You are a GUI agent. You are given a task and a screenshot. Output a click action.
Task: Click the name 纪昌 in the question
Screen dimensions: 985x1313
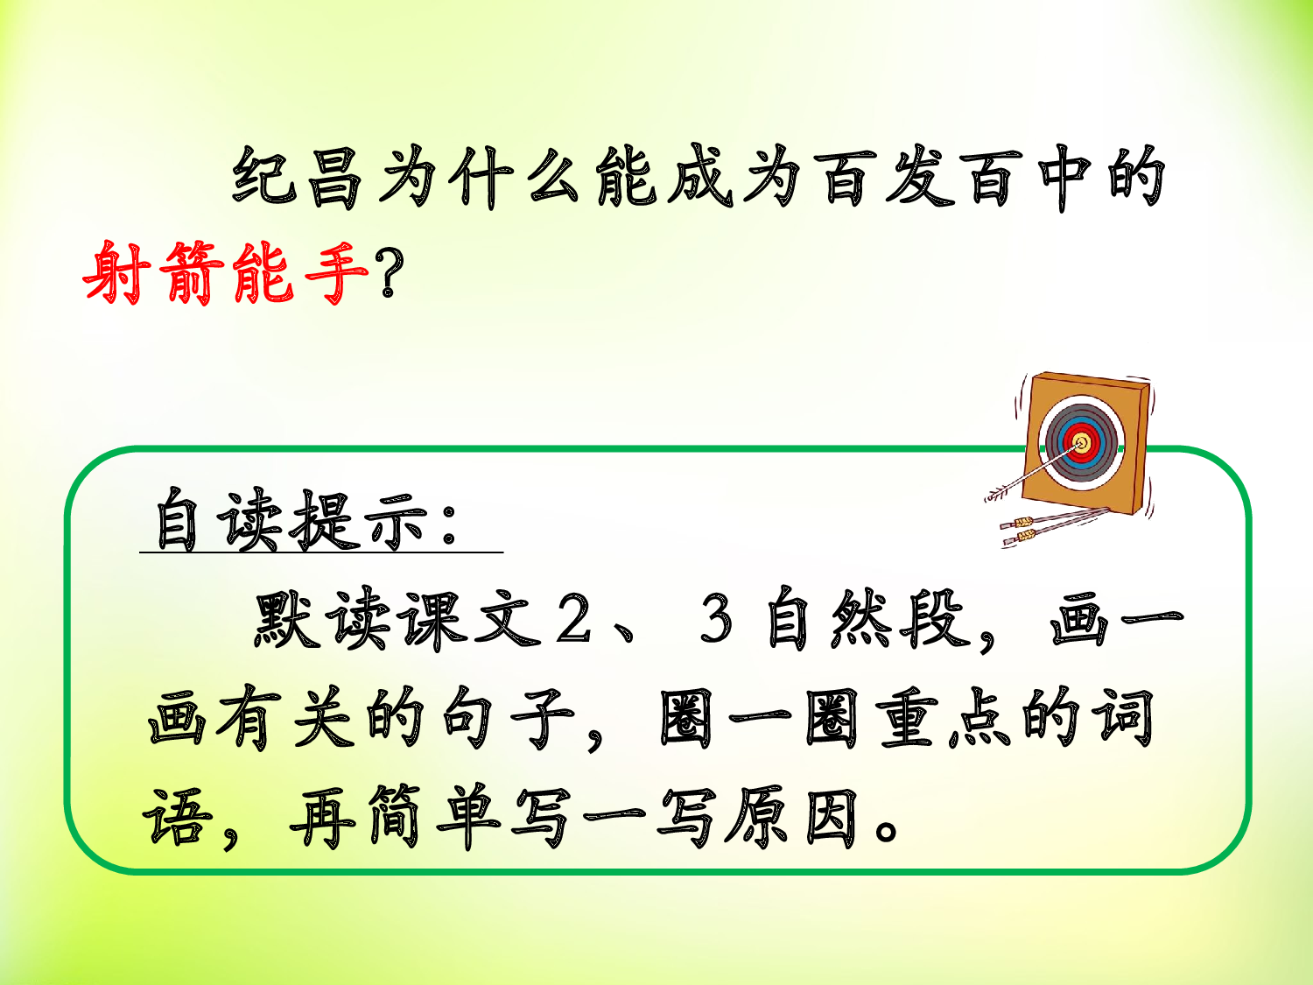(298, 178)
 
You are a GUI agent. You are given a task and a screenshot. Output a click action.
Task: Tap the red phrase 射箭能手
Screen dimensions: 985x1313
(226, 272)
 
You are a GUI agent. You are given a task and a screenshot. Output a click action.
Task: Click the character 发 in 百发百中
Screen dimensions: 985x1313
(919, 178)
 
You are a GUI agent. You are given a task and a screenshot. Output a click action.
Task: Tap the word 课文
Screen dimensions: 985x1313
(468, 620)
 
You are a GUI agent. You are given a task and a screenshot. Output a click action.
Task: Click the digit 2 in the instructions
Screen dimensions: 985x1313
(574, 620)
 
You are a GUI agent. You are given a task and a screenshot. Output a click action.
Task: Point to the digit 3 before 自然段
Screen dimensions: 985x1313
(716, 620)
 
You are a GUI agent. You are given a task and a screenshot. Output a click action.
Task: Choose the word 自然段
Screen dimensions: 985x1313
(867, 620)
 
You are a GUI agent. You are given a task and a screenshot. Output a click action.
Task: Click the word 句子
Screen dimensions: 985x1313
(508, 720)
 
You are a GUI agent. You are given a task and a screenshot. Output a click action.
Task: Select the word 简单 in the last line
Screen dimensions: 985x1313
(433, 819)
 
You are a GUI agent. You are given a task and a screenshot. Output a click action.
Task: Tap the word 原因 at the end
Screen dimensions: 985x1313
(792, 819)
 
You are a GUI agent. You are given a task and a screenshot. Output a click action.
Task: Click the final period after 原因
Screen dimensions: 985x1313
(887, 828)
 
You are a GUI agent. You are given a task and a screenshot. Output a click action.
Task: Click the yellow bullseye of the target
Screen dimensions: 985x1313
(1082, 443)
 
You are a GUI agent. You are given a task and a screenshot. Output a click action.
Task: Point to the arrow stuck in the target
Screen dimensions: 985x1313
(1033, 473)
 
